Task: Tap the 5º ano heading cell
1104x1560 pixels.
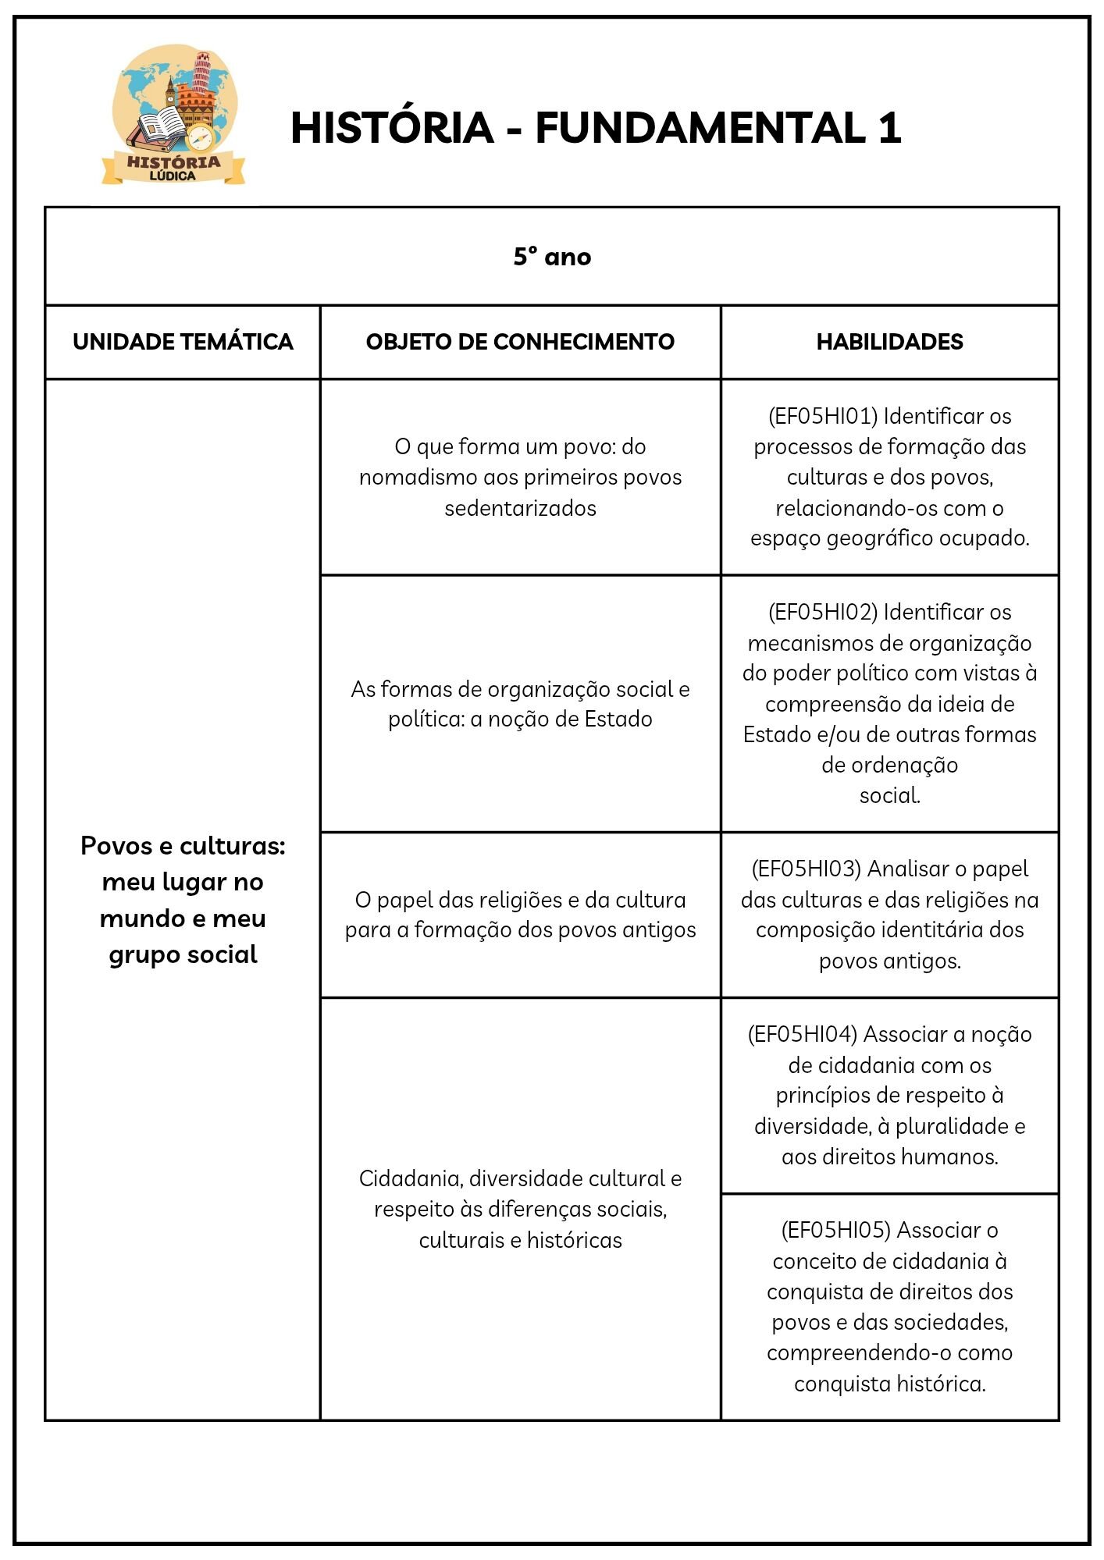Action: point(552,257)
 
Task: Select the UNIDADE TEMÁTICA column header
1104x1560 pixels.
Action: point(183,342)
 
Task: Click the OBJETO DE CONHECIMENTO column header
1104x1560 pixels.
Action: point(520,342)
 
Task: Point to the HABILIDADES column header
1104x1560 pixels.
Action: point(889,342)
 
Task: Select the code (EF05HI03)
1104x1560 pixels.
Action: point(806,869)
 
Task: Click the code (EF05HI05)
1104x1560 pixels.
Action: point(835,1230)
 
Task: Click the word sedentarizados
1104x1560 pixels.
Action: point(520,508)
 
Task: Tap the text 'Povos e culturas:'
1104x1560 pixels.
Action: point(183,846)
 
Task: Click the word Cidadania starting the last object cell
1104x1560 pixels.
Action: point(411,1178)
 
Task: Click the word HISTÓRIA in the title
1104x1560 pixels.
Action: point(392,128)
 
